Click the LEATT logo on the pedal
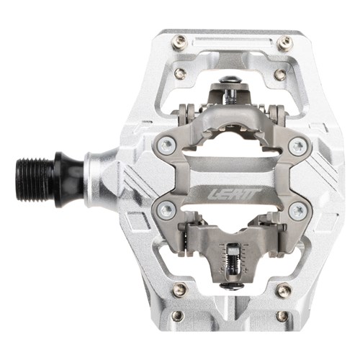[x=234, y=194]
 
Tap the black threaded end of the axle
[x=36, y=176]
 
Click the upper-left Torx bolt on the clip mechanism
[x=167, y=144]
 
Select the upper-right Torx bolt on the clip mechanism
[x=298, y=146]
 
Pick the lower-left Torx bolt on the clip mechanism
[x=167, y=210]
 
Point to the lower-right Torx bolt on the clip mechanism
[x=298, y=211]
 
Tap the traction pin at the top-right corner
[x=285, y=42]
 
